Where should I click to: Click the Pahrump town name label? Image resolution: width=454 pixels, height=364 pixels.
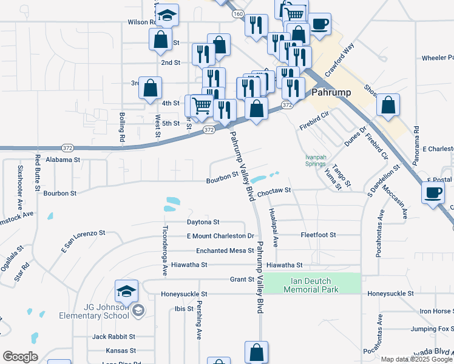[x=332, y=93]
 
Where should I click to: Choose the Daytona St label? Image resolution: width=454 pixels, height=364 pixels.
[x=203, y=223]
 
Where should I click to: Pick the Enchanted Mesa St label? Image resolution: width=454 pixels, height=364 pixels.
[x=224, y=251]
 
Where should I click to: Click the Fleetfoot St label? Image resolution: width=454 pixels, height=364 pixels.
[x=318, y=235]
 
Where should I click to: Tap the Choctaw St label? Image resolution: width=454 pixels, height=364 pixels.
[x=274, y=191]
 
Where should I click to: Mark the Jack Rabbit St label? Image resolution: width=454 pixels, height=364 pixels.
[x=113, y=336]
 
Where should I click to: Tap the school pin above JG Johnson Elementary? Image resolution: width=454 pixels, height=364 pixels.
[x=126, y=292]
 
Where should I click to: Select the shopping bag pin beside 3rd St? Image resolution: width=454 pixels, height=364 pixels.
[x=150, y=88]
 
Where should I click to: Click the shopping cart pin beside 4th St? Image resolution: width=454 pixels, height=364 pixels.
[x=202, y=106]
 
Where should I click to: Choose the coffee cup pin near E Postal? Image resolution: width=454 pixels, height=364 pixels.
[x=433, y=193]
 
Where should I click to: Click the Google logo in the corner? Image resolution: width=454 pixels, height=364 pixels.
[x=20, y=357]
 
